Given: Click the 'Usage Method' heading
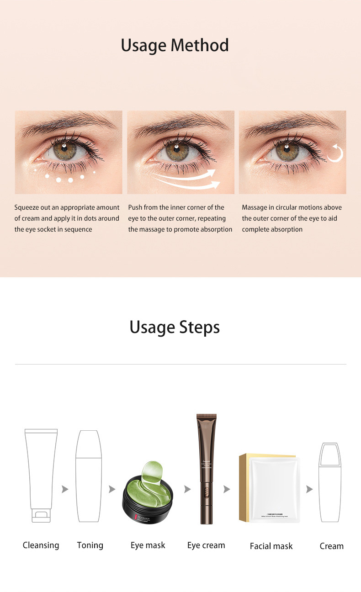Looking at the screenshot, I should pos(175,46).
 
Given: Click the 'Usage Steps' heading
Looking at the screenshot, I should pos(175,327).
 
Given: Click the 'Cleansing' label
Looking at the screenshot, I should pos(41,545).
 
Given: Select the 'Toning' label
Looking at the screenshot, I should pos(90,545).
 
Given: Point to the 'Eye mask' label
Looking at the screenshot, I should pos(148,545).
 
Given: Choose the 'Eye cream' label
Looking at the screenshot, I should pos(206,545).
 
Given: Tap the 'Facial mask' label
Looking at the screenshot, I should pos(271,546).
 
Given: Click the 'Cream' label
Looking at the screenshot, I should pos(331,546).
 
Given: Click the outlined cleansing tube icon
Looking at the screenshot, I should pos(41,475).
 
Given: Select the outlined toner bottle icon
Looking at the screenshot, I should pos(89,475).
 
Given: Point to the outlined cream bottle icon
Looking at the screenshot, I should pos(330,482).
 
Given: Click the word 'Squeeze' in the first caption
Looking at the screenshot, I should pos(27,208).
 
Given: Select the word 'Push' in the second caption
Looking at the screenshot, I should pos(135,207).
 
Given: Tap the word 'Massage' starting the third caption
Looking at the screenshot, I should pos(255,207).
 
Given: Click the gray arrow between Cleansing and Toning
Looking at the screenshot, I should pos(65,489).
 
